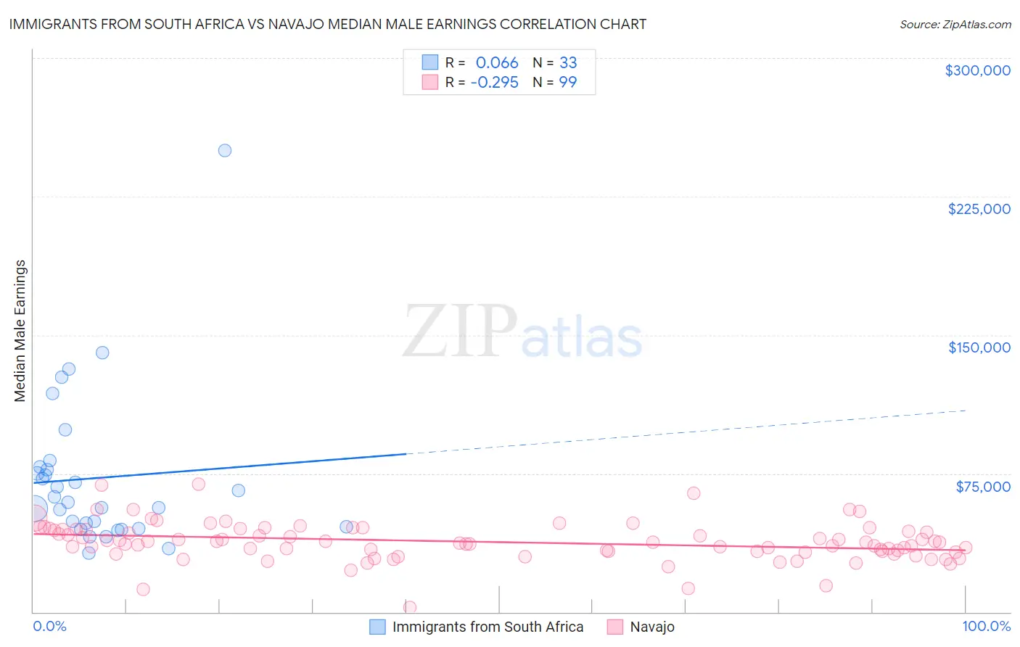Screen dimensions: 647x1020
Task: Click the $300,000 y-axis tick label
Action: (x=977, y=70)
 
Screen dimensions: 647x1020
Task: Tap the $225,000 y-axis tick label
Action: (x=979, y=209)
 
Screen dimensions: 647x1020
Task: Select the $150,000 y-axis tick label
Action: (x=979, y=347)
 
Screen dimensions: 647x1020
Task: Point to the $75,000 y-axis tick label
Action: (x=982, y=487)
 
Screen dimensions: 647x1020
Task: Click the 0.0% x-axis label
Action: (x=49, y=627)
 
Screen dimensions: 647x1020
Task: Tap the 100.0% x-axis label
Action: (x=986, y=627)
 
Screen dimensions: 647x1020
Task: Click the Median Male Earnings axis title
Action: (x=20, y=330)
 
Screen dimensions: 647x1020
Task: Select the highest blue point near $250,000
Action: (x=225, y=151)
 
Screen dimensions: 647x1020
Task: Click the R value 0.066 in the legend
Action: (x=497, y=63)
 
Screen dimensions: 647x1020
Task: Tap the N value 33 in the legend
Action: (x=568, y=63)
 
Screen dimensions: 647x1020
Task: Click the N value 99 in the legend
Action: (x=568, y=83)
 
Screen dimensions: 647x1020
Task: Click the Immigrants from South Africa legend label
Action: (x=488, y=627)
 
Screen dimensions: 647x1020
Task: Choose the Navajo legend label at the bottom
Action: (x=652, y=627)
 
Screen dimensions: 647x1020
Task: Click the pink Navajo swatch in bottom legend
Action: (x=615, y=627)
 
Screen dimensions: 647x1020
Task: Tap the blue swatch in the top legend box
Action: (x=430, y=62)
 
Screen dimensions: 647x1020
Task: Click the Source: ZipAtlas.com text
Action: (x=955, y=25)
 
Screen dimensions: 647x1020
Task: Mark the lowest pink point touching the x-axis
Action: (x=409, y=608)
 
